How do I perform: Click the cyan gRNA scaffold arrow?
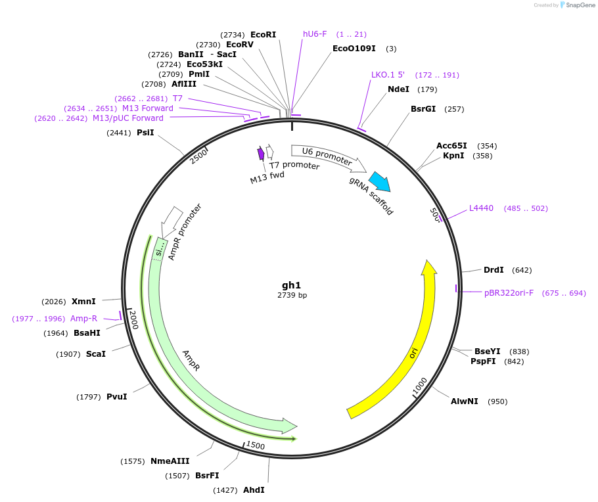click(379, 181)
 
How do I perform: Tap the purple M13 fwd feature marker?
click(261, 154)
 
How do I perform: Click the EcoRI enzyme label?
click(263, 34)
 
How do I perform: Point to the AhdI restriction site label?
click(254, 490)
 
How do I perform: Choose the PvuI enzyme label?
click(116, 397)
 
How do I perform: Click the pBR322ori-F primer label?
click(509, 293)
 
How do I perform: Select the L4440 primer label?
click(481, 208)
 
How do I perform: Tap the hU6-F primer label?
click(315, 34)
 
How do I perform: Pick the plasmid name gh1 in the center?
click(292, 285)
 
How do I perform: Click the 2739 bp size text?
click(292, 296)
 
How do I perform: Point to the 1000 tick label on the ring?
click(420, 386)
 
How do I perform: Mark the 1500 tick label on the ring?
click(255, 445)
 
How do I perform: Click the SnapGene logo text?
click(580, 5)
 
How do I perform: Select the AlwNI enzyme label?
click(465, 401)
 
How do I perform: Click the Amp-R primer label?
click(84, 319)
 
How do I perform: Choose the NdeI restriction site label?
click(398, 89)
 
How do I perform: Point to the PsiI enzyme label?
click(145, 133)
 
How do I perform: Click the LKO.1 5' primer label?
click(388, 75)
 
